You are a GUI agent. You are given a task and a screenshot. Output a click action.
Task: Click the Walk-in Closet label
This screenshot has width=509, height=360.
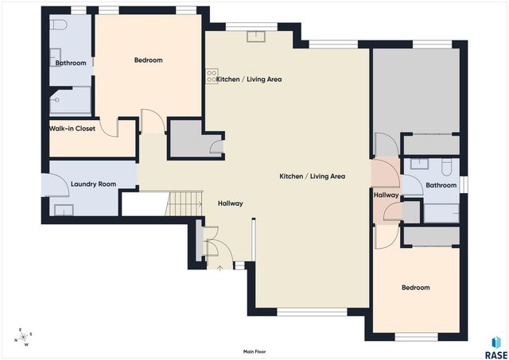(x=72, y=129)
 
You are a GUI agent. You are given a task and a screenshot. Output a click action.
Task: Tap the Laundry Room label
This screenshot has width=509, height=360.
(x=94, y=184)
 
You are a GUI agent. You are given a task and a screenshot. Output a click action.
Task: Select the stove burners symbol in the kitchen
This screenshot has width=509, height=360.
(x=212, y=76)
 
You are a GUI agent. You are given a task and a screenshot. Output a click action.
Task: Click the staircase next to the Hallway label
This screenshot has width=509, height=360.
(x=184, y=203)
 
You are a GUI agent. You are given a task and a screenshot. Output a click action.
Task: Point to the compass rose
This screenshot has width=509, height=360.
(x=23, y=337)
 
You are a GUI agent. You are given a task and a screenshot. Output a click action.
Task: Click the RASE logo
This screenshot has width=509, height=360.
(x=496, y=348)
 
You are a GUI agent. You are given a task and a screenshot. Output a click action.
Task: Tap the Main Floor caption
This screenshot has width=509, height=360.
(x=254, y=351)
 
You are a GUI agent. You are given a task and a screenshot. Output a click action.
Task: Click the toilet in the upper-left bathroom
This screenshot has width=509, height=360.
(x=58, y=24)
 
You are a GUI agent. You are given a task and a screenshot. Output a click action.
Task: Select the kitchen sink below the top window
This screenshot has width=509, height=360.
(x=256, y=37)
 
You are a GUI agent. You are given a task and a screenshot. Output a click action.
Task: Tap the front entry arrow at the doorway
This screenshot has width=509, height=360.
(x=220, y=268)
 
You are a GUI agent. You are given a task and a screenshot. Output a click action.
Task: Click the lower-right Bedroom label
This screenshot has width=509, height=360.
(x=416, y=288)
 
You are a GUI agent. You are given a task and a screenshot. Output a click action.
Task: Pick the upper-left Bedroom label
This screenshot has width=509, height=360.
(x=149, y=60)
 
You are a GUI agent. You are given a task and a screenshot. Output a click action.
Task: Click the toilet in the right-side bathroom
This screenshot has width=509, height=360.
(x=447, y=167)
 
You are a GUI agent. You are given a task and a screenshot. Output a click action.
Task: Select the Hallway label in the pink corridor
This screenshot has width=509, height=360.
(x=386, y=195)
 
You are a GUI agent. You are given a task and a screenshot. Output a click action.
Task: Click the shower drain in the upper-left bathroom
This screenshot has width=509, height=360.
(x=56, y=100)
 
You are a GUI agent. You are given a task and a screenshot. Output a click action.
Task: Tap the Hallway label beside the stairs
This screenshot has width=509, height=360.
(x=231, y=203)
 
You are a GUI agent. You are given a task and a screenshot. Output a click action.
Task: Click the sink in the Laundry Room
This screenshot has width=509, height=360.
(x=64, y=210)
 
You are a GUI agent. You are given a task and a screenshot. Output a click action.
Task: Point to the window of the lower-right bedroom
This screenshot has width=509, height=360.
(x=416, y=337)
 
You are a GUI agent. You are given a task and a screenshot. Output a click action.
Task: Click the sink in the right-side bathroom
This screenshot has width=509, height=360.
(x=419, y=164)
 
